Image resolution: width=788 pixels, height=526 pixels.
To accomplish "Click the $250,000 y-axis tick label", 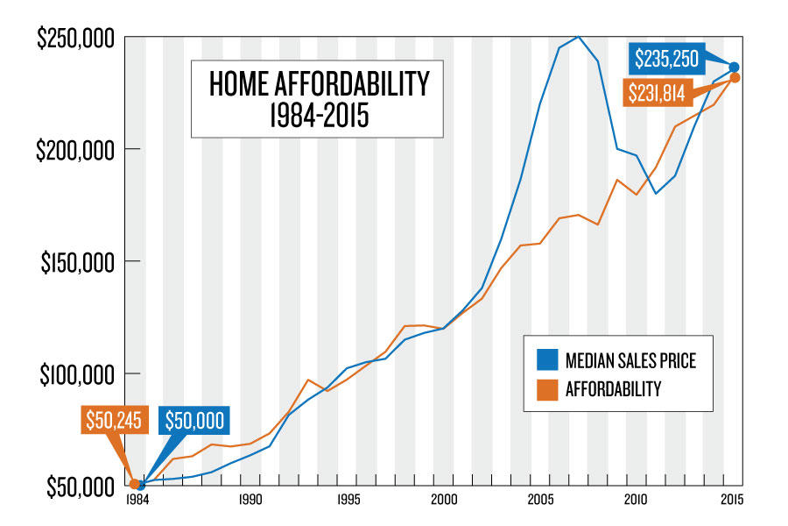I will pyautogui.click(x=74, y=39).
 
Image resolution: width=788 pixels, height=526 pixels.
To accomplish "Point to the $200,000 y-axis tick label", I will pyautogui.click(x=74, y=150).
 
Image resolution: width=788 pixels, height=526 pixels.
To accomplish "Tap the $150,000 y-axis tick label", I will pyautogui.click(x=76, y=262).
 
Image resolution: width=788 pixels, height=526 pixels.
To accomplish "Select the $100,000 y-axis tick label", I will pyautogui.click(x=76, y=374).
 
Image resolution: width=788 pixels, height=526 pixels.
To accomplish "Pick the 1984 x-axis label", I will pyautogui.click(x=136, y=501).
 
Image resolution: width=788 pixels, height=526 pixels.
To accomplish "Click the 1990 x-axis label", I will pyautogui.click(x=250, y=501).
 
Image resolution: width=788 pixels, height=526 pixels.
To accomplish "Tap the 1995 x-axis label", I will pyautogui.click(x=348, y=501).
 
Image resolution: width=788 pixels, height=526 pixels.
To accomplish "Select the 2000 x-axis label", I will pyautogui.click(x=444, y=501).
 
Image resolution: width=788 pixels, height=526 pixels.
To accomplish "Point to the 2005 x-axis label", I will pyautogui.click(x=540, y=501).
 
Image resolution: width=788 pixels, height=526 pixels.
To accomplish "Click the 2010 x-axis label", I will pyautogui.click(x=637, y=501).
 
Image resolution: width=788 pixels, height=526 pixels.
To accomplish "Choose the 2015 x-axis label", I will pyautogui.click(x=732, y=501).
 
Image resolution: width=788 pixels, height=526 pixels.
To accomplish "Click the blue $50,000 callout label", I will pyautogui.click(x=193, y=420).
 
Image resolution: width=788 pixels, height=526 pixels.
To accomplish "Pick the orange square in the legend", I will pyautogui.click(x=543, y=388).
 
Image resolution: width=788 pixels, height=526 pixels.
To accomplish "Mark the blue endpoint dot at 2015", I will pyautogui.click(x=735, y=67).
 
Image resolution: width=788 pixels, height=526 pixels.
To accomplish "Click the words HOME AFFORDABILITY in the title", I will pyautogui.click(x=320, y=85).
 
